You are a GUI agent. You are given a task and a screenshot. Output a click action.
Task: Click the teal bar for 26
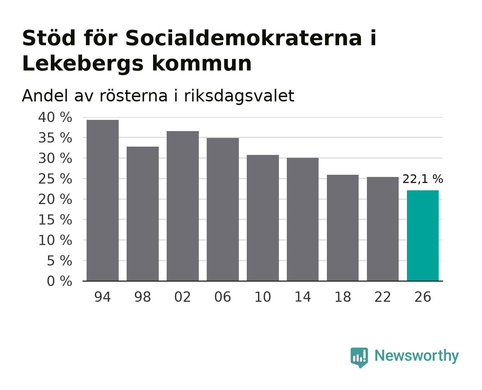coord(422,235)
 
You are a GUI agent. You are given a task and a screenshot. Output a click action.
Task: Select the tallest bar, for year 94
coord(102,200)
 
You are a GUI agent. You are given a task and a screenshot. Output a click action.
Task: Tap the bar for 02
coord(183,206)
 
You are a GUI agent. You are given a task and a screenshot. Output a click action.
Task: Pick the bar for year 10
coord(263,218)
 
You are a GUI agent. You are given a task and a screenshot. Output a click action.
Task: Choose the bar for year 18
coord(343,227)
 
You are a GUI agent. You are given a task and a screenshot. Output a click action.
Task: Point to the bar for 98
coord(143,213)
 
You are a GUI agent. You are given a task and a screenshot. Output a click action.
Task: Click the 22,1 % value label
coord(422,179)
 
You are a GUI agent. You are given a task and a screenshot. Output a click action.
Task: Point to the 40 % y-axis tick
coord(55,117)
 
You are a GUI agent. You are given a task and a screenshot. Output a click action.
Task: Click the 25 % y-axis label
coord(55,179)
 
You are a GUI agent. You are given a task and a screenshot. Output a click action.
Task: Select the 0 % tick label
coord(59,281)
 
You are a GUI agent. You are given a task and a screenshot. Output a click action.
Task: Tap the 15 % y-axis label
coord(55,220)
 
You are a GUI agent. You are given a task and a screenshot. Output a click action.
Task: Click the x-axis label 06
coord(223,297)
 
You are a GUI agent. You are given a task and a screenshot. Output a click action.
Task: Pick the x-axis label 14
coord(303,297)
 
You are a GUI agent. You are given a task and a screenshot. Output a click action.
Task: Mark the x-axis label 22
coord(382,297)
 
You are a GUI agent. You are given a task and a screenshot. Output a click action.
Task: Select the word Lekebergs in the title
coord(83,64)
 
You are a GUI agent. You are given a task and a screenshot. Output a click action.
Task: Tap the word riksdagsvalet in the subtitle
coord(239,96)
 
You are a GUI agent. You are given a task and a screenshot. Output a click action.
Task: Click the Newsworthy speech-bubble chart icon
coord(359,357)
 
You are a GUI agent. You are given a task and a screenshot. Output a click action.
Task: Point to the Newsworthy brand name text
coord(417,356)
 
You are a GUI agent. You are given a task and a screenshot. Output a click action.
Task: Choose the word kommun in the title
coord(202,64)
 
